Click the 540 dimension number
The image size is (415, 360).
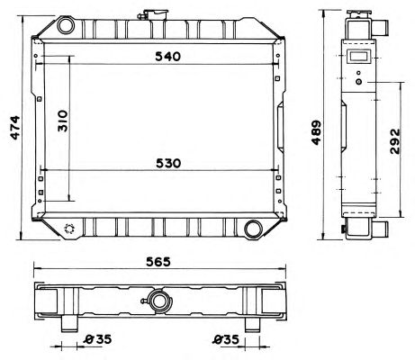pyautogui.click(x=168, y=57)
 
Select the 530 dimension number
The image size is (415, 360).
pyautogui.click(x=168, y=164)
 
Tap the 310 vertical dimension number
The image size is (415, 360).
pyautogui.click(x=63, y=121)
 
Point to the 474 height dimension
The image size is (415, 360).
pyautogui.click(x=15, y=128)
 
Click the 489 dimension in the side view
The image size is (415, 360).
pyautogui.click(x=317, y=132)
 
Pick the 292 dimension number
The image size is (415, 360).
pyautogui.click(x=395, y=141)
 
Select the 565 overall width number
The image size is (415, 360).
pyautogui.click(x=158, y=262)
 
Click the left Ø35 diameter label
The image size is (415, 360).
pyautogui.click(x=97, y=339)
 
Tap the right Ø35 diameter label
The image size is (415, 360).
pyautogui.click(x=227, y=339)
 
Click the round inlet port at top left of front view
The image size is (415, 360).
pyautogui.click(x=66, y=25)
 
